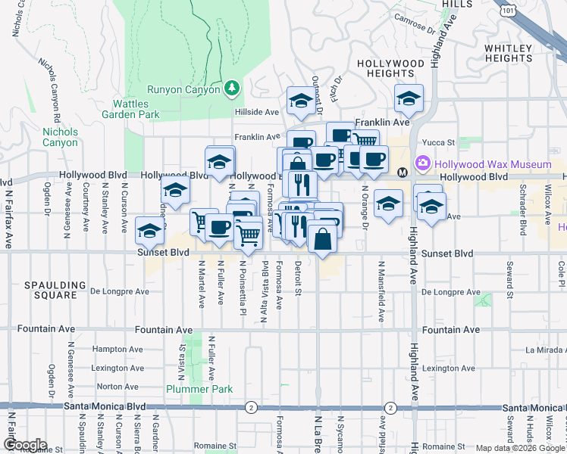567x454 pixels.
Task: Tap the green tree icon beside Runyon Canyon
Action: (231, 89)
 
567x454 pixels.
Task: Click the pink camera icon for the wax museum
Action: (422, 163)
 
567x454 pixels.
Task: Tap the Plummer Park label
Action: (190, 389)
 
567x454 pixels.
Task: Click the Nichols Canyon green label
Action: (60, 137)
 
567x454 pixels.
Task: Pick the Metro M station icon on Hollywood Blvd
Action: (403, 172)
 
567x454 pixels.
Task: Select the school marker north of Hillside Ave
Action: (301, 100)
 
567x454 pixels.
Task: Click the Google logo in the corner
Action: (25, 445)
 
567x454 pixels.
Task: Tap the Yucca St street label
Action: (440, 141)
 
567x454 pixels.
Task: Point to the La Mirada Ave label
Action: (545, 350)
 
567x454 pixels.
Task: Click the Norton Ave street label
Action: (117, 387)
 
